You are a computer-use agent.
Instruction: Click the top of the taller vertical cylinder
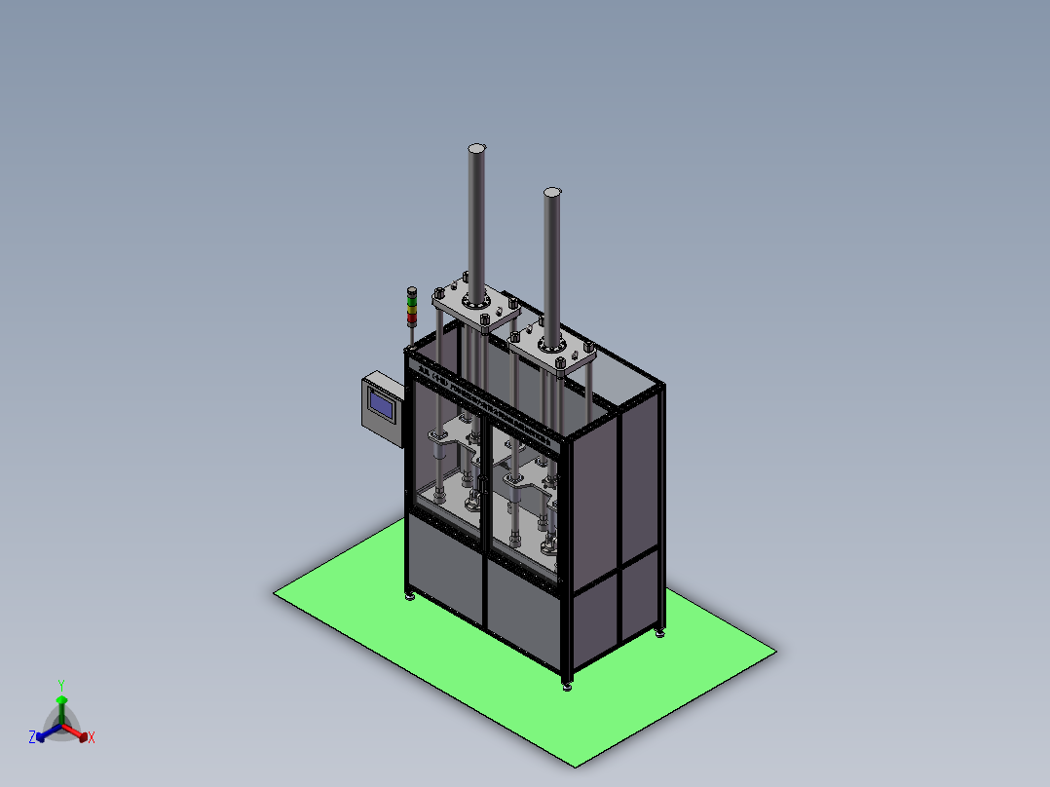tap(476, 148)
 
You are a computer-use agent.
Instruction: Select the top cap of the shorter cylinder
tap(552, 192)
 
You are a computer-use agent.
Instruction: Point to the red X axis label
tap(92, 738)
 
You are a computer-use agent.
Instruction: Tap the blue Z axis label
tap(31, 737)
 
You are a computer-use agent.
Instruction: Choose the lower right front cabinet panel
tap(524, 617)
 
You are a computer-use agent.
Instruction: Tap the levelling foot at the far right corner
tap(661, 634)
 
